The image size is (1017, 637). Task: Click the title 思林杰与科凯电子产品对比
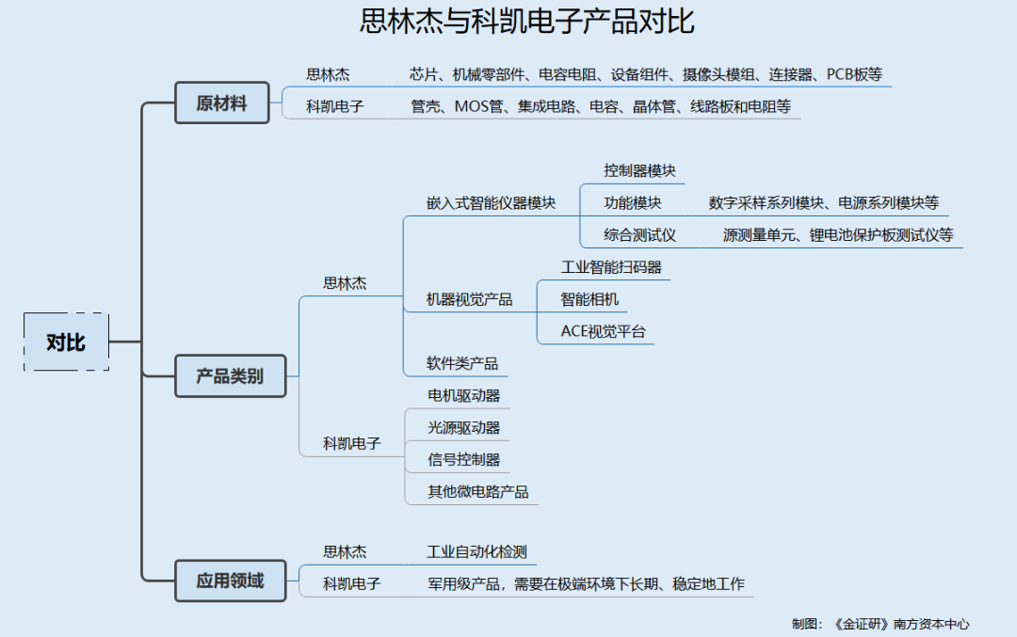(526, 21)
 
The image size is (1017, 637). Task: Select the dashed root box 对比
(66, 342)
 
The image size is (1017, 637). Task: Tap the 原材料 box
(222, 103)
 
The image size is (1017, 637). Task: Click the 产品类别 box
(231, 375)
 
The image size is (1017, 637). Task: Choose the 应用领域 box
(231, 581)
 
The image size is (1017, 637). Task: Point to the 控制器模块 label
(639, 170)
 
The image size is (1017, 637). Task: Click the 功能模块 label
(633, 203)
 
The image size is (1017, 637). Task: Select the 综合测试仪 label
(639, 234)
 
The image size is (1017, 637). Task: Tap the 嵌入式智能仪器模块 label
(491, 203)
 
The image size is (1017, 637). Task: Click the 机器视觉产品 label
(469, 299)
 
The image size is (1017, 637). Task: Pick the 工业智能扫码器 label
(611, 267)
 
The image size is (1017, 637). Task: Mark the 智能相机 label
(589, 299)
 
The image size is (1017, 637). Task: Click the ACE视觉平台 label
(604, 331)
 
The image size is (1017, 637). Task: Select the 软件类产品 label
(461, 363)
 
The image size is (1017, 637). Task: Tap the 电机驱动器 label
(463, 395)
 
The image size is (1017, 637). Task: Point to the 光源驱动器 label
(463, 428)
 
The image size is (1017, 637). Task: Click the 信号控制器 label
(463, 459)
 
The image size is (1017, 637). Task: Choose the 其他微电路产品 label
(478, 492)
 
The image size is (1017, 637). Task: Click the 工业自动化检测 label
(476, 551)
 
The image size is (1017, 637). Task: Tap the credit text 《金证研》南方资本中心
(901, 624)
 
